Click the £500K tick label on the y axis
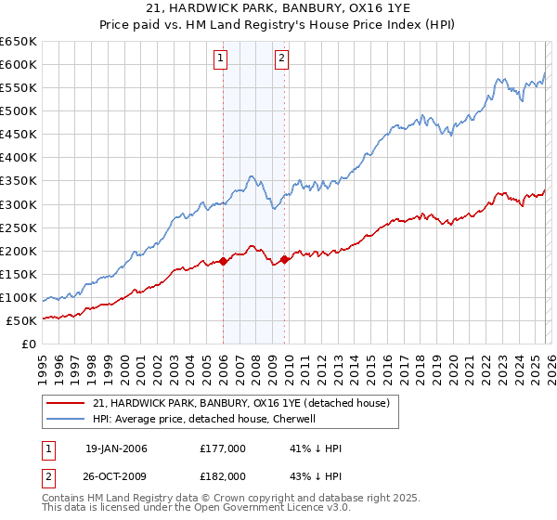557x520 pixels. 18,110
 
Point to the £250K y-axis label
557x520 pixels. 18,227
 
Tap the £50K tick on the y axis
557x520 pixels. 21,320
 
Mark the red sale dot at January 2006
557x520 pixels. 223,261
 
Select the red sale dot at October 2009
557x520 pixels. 284,259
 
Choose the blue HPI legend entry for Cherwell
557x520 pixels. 204,419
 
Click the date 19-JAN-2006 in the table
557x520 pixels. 116,448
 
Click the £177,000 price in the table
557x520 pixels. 223,448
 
